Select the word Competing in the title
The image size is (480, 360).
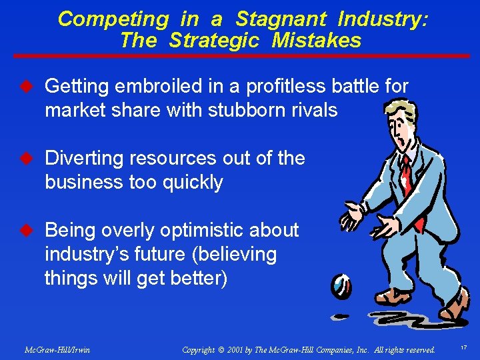[x=113, y=19]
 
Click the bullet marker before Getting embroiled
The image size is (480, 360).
[x=28, y=86]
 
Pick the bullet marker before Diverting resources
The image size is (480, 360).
[x=28, y=159]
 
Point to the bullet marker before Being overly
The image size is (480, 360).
[x=28, y=231]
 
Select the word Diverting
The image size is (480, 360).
[x=83, y=159]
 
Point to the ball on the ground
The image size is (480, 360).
[x=341, y=286]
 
